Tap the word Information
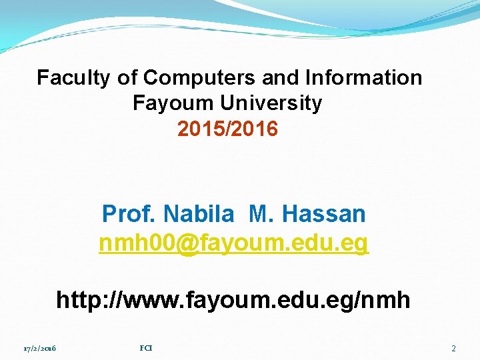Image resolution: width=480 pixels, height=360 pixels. [363, 78]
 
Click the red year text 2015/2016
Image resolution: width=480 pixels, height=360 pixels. [228, 129]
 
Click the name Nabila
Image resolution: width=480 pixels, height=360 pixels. [199, 215]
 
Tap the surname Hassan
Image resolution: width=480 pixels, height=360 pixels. [324, 215]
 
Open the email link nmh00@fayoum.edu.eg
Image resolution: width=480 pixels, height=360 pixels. [233, 245]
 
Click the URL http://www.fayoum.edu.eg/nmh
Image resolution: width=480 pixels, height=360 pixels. [233, 300]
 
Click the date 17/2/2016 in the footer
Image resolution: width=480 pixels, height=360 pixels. [39, 349]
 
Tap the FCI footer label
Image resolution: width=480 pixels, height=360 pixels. [146, 348]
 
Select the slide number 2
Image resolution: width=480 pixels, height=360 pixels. [453, 349]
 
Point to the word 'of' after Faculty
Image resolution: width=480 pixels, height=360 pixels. [127, 78]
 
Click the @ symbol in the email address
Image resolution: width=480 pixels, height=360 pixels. [189, 245]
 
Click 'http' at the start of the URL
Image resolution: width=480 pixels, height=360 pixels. [77, 300]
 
